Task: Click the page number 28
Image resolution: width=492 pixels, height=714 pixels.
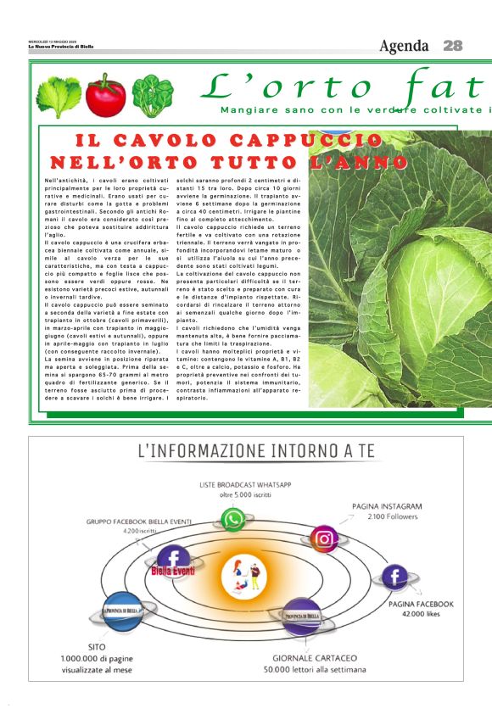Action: [x=452, y=46]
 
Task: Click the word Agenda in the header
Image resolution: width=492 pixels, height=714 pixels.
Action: [x=405, y=46]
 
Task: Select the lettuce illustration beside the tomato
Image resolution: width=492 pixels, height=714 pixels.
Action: [x=59, y=96]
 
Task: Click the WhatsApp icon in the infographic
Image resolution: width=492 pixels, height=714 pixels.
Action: [x=232, y=519]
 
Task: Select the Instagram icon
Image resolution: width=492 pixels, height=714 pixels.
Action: [x=323, y=539]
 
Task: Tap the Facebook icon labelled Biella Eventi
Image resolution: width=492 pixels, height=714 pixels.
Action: [x=174, y=559]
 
